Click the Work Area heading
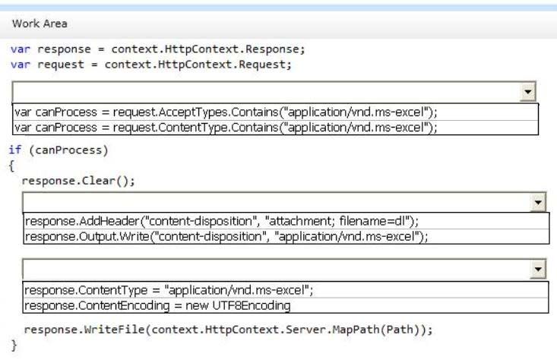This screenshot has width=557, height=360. pos(40,24)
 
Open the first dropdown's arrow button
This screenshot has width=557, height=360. pos(528,93)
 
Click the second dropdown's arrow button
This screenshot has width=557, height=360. pos(538,203)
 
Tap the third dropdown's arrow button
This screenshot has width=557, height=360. pos(538,270)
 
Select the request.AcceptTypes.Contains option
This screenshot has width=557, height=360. pos(226,112)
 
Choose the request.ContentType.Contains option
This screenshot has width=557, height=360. pos(226,128)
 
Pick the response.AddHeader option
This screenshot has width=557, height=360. pos(222,221)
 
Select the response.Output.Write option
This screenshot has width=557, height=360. pos(226,236)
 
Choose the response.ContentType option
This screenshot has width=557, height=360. pos(169,290)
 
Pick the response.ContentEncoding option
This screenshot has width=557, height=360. pos(157,305)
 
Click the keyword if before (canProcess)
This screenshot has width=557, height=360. pos(15,150)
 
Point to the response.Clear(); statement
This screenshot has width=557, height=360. pos(78,181)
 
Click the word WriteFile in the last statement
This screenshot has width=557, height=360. pos(115,330)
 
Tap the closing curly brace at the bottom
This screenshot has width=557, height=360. pos(14,345)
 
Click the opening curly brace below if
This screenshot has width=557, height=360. pos(11,166)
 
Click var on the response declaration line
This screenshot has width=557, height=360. pos(21,49)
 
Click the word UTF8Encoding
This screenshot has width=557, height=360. pos(252,305)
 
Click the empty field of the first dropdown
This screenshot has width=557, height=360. pos(267,93)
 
